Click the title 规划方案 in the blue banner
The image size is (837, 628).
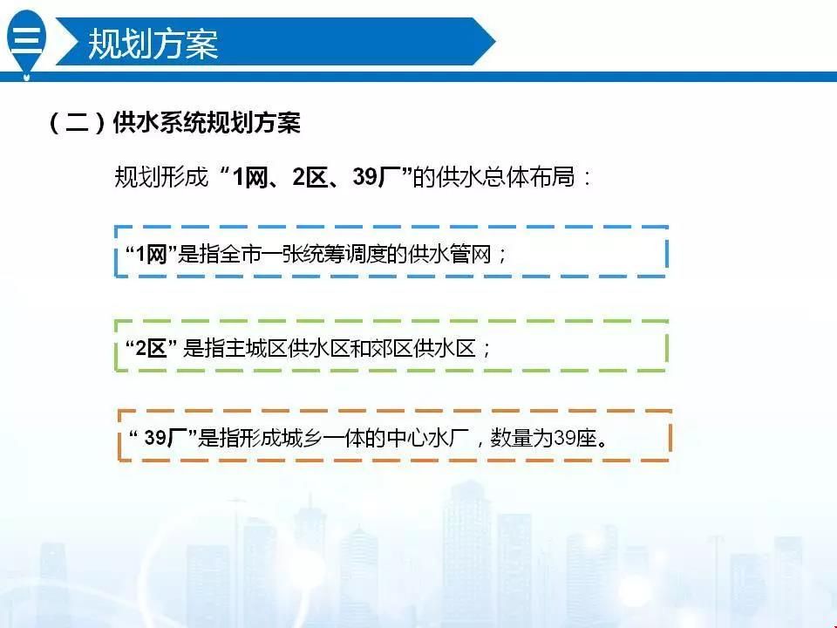(x=153, y=44)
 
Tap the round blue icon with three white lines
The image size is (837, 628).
(x=26, y=38)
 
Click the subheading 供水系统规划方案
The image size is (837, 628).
(x=207, y=122)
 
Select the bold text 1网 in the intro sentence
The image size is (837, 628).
(x=250, y=177)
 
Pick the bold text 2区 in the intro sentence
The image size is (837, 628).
(x=310, y=177)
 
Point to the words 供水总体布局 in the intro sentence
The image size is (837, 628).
(x=505, y=177)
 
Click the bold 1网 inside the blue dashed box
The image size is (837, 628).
(x=152, y=254)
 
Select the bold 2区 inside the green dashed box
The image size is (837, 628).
(x=151, y=349)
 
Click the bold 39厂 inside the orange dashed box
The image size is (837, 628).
(x=165, y=438)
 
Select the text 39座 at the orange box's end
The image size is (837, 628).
(x=575, y=438)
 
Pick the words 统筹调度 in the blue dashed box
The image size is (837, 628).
(x=324, y=254)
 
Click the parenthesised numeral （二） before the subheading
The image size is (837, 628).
(x=77, y=123)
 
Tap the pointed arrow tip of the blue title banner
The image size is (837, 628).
(x=494, y=41)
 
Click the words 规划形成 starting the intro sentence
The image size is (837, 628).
(x=160, y=177)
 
